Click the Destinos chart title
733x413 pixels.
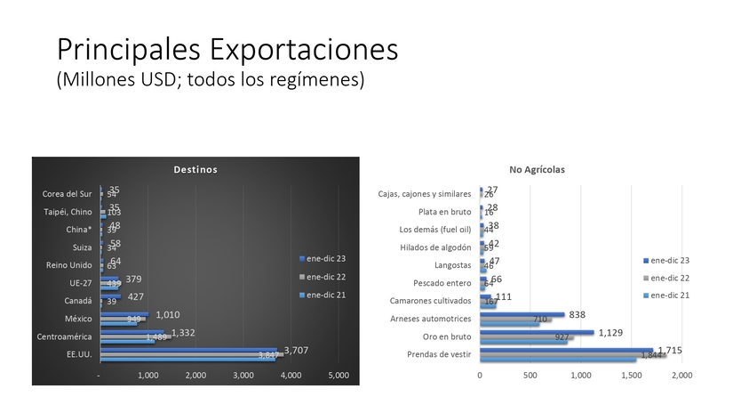click(x=195, y=169)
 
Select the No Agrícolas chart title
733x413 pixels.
click(x=537, y=169)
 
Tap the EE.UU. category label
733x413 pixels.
click(x=78, y=355)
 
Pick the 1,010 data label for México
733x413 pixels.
click(x=173, y=314)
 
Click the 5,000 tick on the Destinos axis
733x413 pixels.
click(x=338, y=376)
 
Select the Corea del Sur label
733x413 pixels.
click(x=68, y=194)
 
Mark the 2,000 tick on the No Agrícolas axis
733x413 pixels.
click(x=681, y=376)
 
